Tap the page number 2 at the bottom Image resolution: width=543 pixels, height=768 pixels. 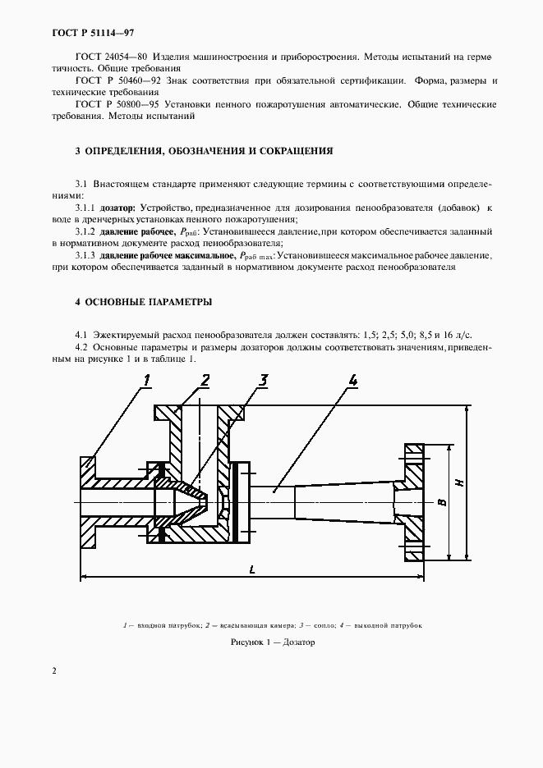point(54,670)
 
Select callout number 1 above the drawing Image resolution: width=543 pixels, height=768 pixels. point(148,380)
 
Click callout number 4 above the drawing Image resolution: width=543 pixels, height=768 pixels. point(352,379)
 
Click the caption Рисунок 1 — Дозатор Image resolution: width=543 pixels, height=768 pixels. point(271,642)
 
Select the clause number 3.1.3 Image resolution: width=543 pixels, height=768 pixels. point(87,256)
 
